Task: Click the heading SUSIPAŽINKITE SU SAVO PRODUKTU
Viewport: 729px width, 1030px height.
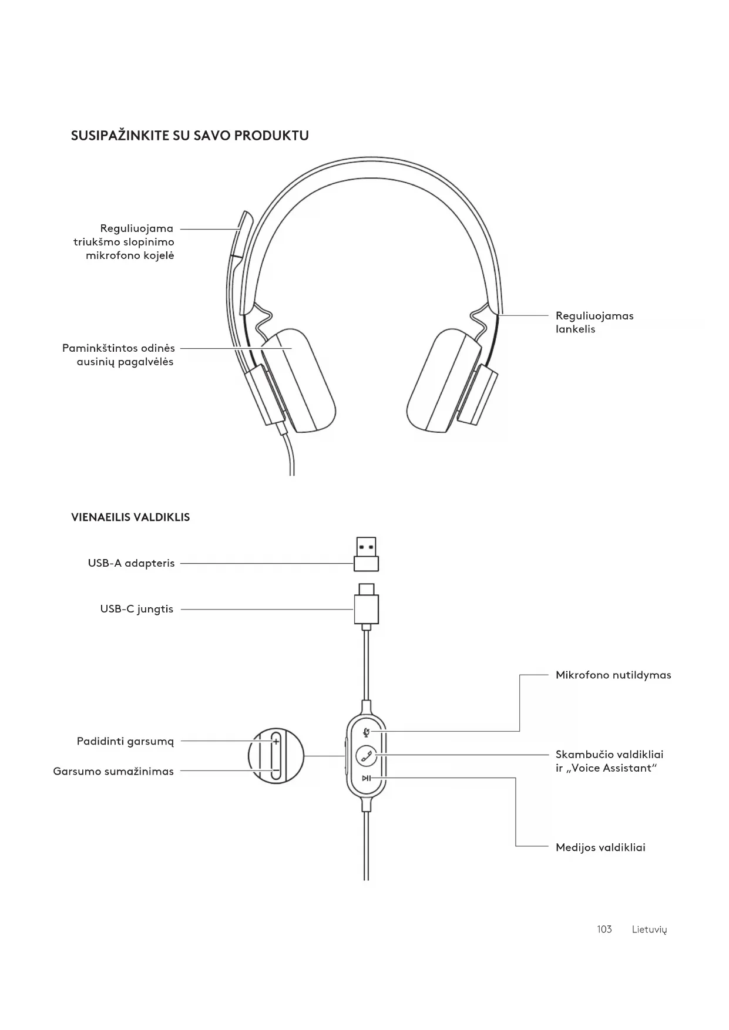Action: pos(190,136)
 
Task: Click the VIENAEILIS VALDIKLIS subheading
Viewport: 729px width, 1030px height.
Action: pos(130,517)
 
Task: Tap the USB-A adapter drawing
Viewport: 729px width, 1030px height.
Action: pos(366,554)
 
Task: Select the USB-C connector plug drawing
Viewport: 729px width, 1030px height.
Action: pos(366,605)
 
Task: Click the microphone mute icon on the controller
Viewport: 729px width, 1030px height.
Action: pos(367,732)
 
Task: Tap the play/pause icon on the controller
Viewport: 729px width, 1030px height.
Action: pos(367,779)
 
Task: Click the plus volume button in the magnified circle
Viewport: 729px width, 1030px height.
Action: pos(276,742)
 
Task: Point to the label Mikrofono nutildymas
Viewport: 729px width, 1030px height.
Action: pos(613,675)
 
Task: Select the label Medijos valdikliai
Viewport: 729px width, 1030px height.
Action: pos(600,847)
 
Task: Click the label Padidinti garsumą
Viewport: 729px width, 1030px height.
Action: pos(125,741)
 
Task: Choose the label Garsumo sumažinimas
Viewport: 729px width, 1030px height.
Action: pos(113,772)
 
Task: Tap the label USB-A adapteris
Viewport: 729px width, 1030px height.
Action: pos(131,563)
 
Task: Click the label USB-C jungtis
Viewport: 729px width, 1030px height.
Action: pos(136,609)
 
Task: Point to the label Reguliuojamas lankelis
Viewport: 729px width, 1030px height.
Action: pos(594,322)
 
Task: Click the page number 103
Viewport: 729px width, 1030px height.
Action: pos(604,929)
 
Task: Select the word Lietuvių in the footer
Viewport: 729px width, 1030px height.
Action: pos(649,929)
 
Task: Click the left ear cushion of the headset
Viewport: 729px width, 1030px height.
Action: pos(298,381)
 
